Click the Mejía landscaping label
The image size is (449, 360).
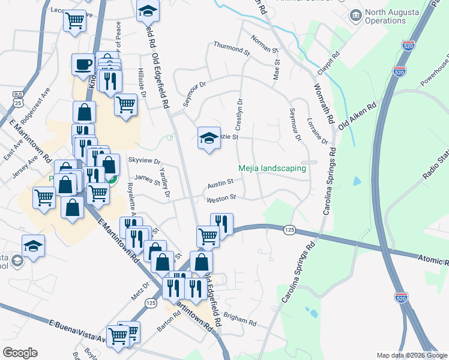(x=272, y=169)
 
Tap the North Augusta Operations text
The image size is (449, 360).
(x=394, y=17)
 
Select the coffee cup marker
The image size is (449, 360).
(x=83, y=64)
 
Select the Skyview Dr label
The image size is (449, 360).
(x=145, y=161)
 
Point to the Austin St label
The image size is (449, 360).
(x=220, y=184)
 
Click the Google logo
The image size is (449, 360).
(x=20, y=352)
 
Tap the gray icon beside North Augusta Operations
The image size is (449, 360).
(x=356, y=14)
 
